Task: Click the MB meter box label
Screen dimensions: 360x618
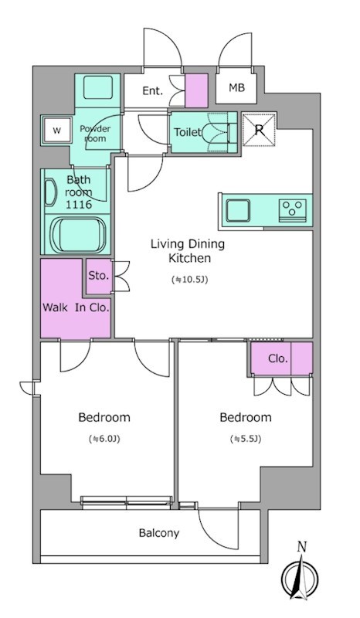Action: coord(236,87)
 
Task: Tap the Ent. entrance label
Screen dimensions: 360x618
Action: coord(153,91)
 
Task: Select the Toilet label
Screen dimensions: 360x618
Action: coord(188,132)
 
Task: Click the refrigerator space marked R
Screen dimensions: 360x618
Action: coord(259,130)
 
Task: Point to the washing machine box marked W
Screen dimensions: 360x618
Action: coord(56,131)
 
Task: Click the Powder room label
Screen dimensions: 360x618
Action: coord(95,134)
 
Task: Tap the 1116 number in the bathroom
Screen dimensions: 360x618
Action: coord(79,205)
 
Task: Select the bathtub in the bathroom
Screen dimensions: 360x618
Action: coord(79,235)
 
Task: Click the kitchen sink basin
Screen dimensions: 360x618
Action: coord(237,211)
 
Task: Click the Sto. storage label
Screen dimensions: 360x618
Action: coord(98,276)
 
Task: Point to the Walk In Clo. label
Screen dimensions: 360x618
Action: coord(75,307)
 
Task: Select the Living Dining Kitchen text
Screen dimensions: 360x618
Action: coord(188,250)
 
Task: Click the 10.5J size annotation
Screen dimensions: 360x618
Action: coord(189,280)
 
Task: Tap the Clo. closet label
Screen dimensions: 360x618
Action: coord(277,358)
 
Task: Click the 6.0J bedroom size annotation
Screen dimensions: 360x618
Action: coord(104,439)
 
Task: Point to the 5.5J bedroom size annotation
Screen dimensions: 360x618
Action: coord(246,439)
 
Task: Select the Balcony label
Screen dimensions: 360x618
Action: coord(159,533)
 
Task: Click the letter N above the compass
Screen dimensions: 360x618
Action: coord(302,547)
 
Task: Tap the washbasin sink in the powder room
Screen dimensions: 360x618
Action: coord(98,87)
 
